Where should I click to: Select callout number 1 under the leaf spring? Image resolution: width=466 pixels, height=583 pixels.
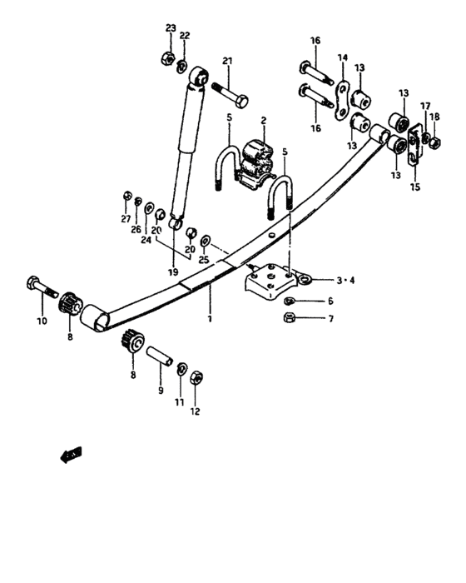click(211, 317)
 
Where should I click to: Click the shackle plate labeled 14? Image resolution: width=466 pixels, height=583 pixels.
click(342, 99)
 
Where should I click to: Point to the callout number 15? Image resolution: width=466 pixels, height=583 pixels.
click(415, 187)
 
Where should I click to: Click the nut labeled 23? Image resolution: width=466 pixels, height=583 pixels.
click(166, 59)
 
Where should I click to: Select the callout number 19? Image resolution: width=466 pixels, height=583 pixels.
click(173, 272)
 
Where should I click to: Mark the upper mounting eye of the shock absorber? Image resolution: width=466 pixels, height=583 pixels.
click(199, 77)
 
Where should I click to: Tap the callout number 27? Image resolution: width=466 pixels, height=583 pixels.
click(126, 219)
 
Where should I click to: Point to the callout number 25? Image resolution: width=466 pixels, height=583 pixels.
click(203, 260)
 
